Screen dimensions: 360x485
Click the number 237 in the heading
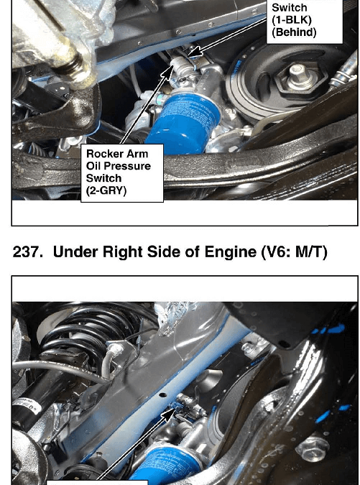point(27,251)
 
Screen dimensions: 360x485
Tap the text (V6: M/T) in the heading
point(294,252)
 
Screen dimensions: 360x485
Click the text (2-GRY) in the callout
point(106,190)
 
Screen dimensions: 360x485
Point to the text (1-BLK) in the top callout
point(291,19)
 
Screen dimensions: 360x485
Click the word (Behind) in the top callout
point(294,32)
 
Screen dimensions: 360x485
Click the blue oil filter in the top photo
point(181,124)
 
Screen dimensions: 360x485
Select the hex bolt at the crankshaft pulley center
point(297,73)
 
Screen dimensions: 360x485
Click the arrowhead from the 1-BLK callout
point(193,52)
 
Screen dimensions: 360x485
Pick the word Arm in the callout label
point(137,154)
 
